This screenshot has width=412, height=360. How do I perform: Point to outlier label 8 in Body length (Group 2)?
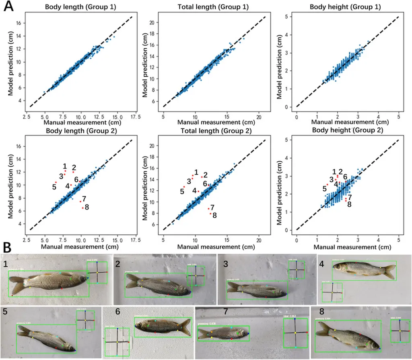coord(87,207)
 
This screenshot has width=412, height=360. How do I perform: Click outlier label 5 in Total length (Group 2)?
coord(182,191)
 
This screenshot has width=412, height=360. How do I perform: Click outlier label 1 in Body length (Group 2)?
coord(65,166)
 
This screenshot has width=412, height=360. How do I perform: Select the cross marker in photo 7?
coord(295,333)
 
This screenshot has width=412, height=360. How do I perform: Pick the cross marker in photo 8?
coord(400,331)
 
